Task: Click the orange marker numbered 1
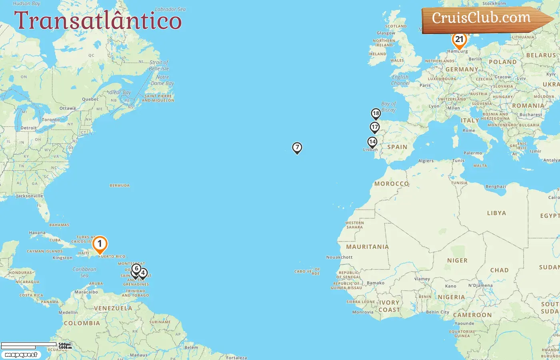(x=100, y=244)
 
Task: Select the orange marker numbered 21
(x=459, y=40)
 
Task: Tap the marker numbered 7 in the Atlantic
(x=297, y=148)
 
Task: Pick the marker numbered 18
(x=376, y=114)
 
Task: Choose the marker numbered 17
(x=374, y=128)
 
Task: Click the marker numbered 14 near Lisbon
(x=372, y=142)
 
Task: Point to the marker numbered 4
(x=143, y=273)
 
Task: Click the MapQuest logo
(x=21, y=355)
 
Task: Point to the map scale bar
(x=29, y=345)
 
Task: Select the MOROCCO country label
(x=392, y=184)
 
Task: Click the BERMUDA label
(x=120, y=186)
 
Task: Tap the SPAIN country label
(x=397, y=147)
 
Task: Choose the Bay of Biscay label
(x=388, y=106)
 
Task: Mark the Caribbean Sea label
(x=84, y=272)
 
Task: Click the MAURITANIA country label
(x=367, y=247)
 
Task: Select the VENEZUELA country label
(x=113, y=308)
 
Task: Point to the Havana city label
(x=37, y=233)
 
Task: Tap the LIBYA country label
(x=496, y=213)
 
